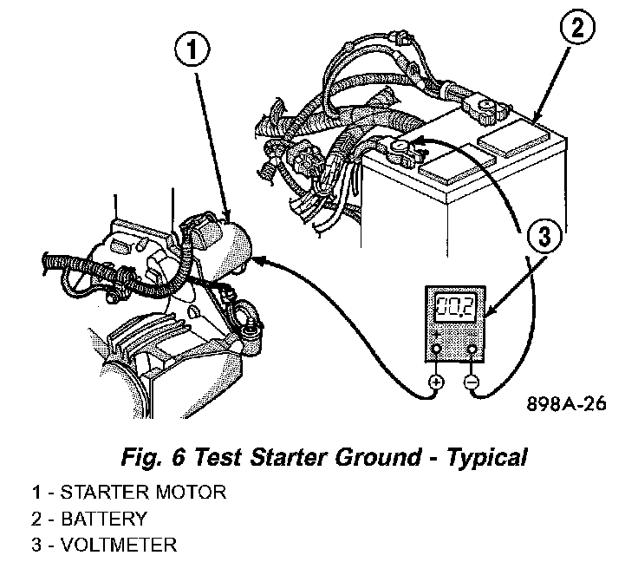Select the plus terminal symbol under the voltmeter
click(436, 382)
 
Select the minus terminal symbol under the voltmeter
click(472, 382)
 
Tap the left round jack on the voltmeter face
click(437, 350)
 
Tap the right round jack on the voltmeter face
click(472, 350)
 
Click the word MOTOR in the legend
click(194, 493)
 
